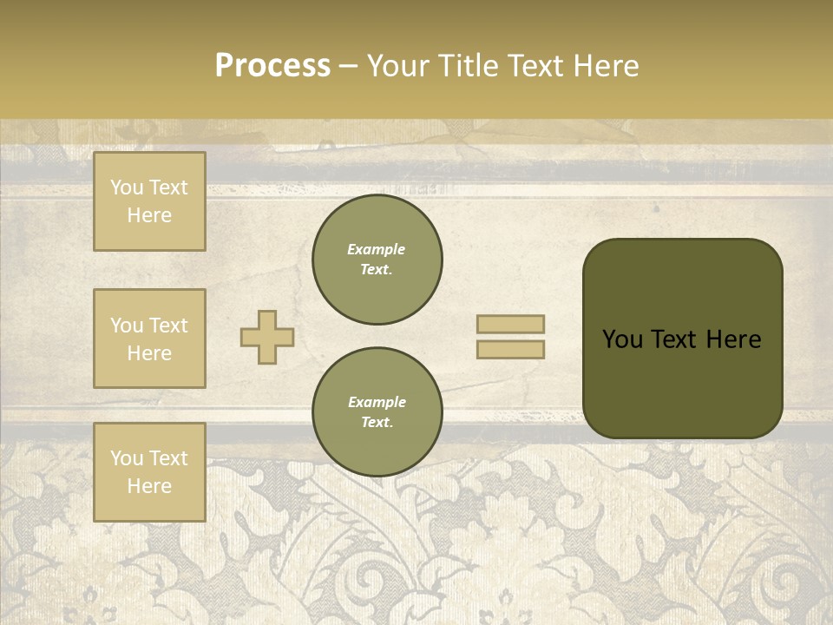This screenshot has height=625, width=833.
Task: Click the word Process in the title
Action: (272, 66)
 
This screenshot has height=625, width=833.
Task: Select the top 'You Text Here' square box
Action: (149, 201)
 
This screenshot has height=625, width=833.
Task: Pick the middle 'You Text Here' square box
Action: (149, 339)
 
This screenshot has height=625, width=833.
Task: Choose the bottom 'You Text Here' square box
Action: (149, 471)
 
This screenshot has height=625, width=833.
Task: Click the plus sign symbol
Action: (267, 337)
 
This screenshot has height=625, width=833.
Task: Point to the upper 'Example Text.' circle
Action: (377, 260)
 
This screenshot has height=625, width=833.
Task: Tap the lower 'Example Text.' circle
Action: (377, 412)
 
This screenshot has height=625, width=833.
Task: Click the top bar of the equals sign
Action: (511, 324)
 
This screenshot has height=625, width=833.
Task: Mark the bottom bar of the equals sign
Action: (511, 349)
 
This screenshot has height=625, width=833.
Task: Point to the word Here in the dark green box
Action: (733, 339)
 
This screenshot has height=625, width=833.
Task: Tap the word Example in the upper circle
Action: (377, 249)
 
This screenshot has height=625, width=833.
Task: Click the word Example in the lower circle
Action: (377, 402)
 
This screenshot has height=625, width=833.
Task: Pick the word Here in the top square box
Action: (149, 215)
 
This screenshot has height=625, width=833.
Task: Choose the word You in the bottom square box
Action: (127, 458)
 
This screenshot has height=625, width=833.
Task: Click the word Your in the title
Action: (397, 66)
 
